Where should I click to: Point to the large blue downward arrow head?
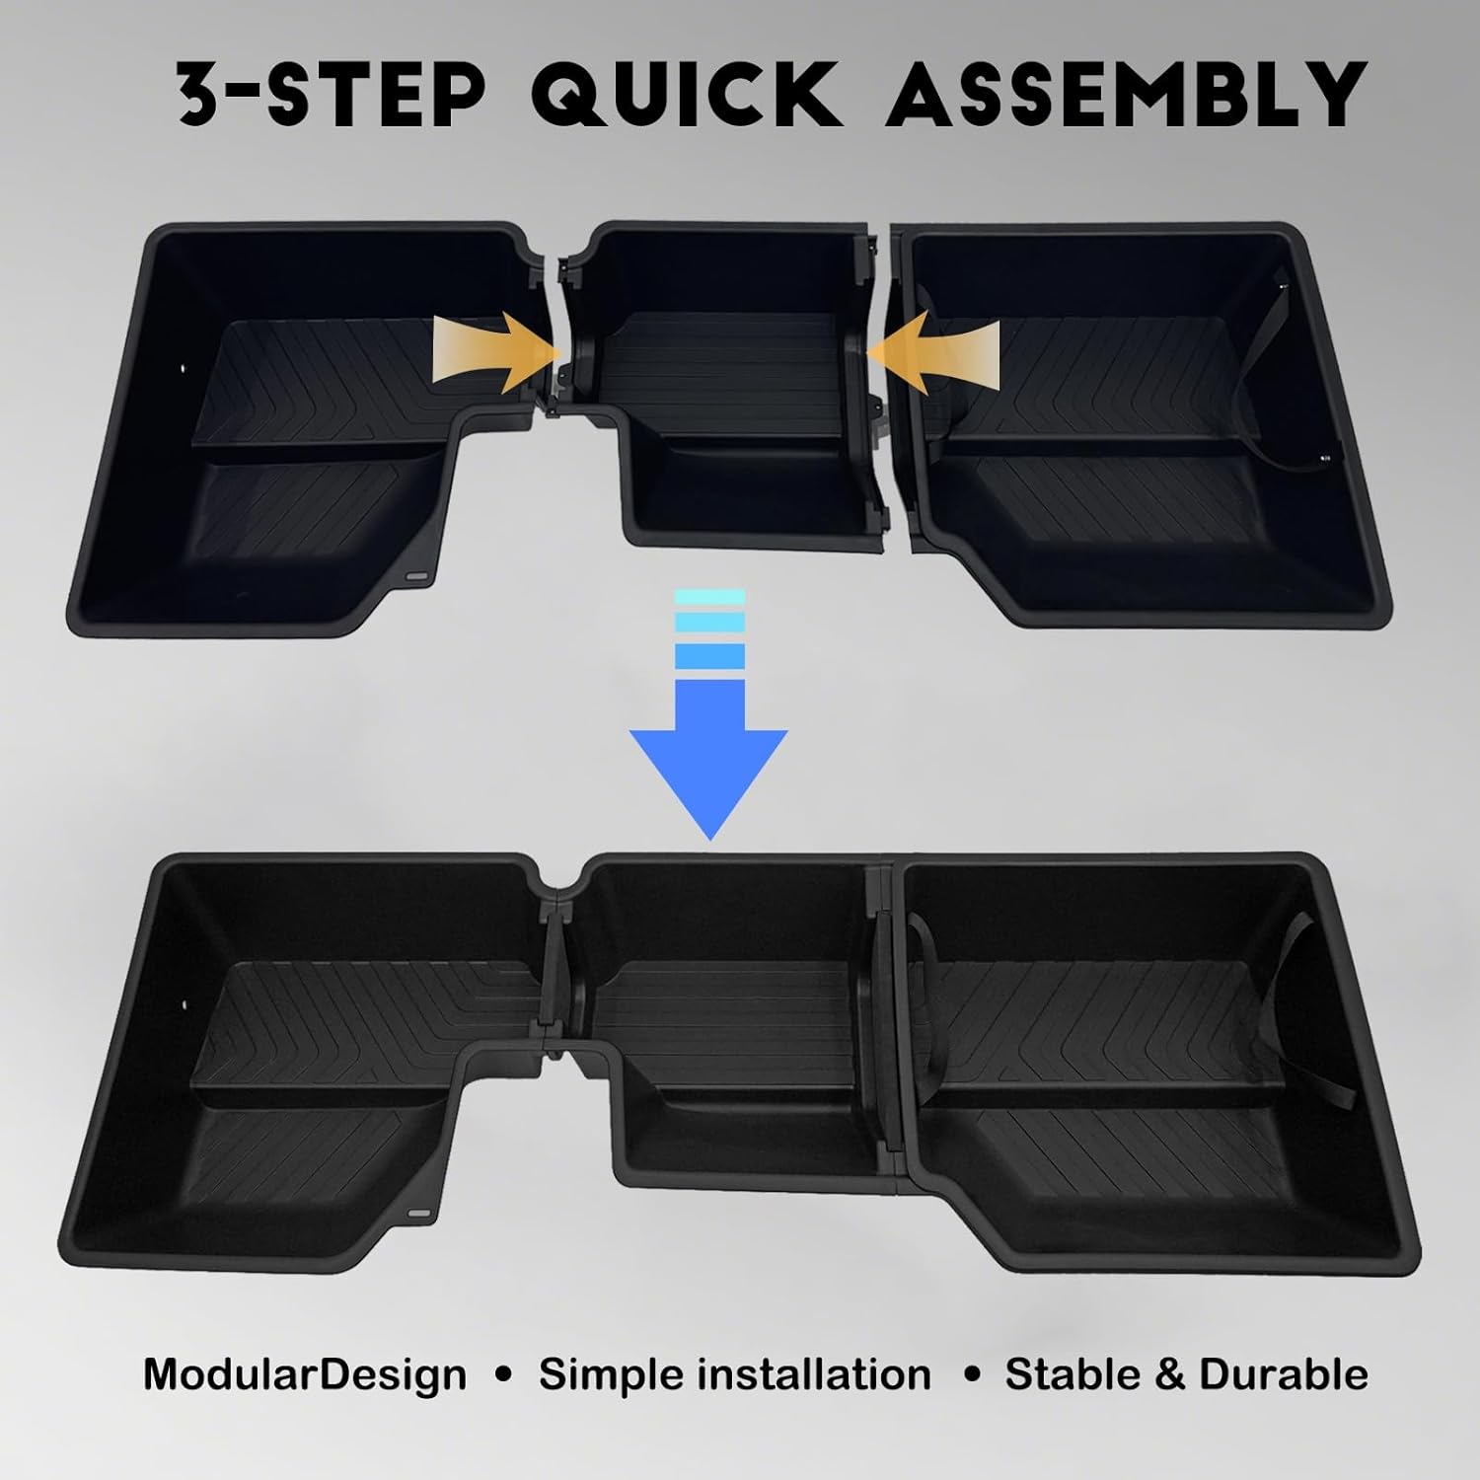click(708, 779)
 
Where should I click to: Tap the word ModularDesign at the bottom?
click(305, 1374)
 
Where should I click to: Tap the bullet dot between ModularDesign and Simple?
click(503, 1375)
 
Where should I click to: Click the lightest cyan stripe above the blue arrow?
click(709, 597)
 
